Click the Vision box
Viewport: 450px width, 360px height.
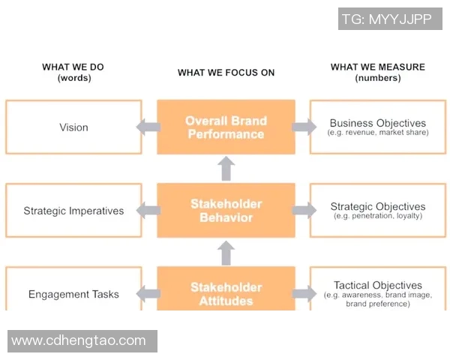point(73,127)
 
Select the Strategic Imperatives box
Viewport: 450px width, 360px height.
point(73,211)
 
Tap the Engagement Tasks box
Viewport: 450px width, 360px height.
point(73,293)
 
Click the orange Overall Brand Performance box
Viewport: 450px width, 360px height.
point(226,127)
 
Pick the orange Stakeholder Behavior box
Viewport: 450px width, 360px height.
point(226,211)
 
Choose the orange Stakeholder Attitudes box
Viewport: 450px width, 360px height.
point(226,293)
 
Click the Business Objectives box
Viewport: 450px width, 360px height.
point(378,127)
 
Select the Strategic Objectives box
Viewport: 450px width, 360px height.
point(378,211)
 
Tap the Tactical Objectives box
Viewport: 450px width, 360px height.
point(378,293)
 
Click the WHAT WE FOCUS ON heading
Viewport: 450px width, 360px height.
point(226,73)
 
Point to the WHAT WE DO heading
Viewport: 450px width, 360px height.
point(73,72)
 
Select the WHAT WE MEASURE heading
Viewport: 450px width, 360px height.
point(378,72)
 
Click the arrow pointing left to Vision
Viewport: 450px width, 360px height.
point(148,127)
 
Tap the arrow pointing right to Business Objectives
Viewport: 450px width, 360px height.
point(304,127)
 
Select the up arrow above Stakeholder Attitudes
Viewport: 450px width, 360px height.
point(226,253)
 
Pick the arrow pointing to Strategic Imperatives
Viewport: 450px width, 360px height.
point(148,211)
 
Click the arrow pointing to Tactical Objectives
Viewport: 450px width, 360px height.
point(304,294)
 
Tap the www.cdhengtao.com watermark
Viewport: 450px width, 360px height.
point(79,340)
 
